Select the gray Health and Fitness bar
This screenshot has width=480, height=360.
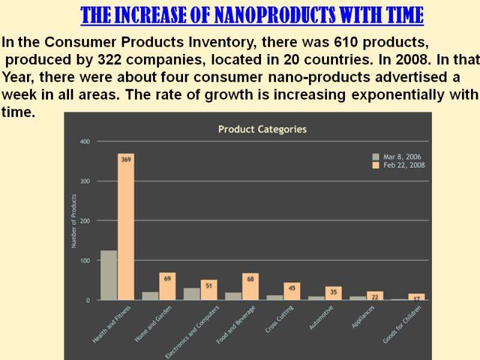click(x=109, y=275)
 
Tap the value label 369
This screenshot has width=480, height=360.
click(x=126, y=160)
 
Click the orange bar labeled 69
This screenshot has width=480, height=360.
click(x=167, y=286)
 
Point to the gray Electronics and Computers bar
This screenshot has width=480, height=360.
click(x=192, y=294)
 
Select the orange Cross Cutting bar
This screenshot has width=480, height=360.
click(x=292, y=291)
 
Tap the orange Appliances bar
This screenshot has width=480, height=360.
click(x=375, y=295)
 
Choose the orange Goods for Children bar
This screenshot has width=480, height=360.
click(x=416, y=296)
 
